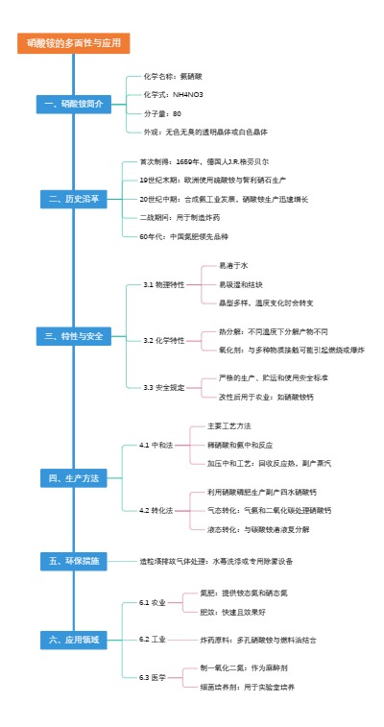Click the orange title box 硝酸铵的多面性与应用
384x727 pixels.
73,43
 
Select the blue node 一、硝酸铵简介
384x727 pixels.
73,103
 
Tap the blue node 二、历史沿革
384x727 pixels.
73,199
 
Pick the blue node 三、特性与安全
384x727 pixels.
73,336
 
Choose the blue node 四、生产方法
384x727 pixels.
73,477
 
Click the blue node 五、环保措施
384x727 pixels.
73,560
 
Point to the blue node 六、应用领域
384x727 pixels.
73,639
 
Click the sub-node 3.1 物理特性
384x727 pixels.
164,284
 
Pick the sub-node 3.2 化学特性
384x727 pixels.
164,340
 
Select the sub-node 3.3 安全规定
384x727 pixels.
164,387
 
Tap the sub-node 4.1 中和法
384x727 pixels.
156,445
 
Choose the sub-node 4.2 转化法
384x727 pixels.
156,510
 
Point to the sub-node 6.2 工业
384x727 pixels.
153,639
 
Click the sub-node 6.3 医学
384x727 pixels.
153,677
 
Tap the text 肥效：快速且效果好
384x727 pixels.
232,611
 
